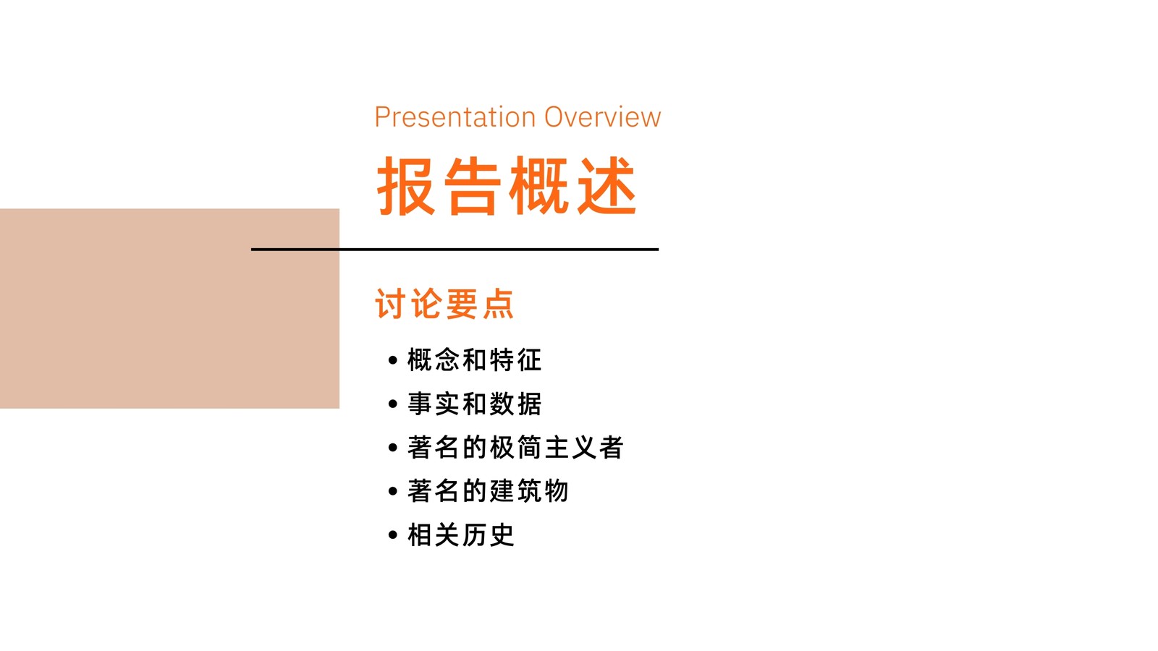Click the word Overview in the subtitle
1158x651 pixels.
pos(603,117)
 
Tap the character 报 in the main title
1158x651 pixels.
pos(406,185)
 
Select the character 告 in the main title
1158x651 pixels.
pos(473,185)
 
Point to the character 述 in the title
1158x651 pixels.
pos(607,185)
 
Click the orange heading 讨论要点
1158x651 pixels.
pos(444,304)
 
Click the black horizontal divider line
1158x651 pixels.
pos(455,250)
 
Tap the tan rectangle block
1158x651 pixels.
pos(169,308)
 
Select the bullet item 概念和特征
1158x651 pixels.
pos(474,360)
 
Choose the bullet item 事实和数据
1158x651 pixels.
pos(474,404)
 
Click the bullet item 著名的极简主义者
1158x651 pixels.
pos(515,448)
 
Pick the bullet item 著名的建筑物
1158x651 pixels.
pos(488,491)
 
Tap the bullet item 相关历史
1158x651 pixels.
pos(460,535)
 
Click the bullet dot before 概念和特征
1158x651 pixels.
pos(393,360)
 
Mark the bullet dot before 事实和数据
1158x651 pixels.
pos(393,404)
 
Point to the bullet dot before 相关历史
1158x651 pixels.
pos(393,535)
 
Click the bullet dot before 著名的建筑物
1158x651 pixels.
pos(393,491)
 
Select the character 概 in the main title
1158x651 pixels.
pos(539,185)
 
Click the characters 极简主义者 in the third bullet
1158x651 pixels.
pos(557,448)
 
